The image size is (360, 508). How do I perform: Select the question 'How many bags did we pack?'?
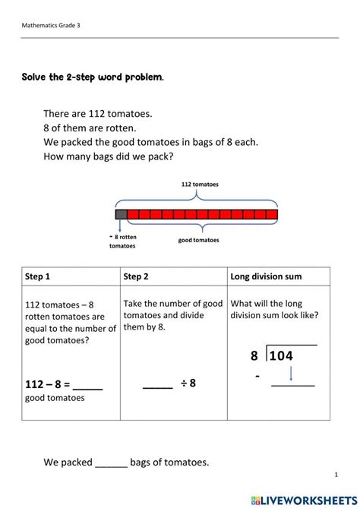[109, 157]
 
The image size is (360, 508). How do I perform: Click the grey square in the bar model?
[121, 214]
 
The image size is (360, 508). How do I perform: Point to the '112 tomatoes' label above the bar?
[197, 184]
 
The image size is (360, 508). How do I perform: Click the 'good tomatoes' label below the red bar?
[198, 240]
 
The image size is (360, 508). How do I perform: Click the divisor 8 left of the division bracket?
[254, 355]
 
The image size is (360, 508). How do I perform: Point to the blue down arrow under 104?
[292, 374]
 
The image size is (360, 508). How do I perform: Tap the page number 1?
[336, 475]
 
